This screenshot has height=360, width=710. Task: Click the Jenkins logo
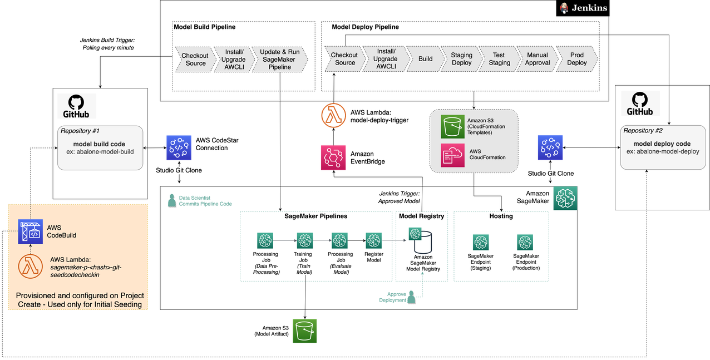pyautogui.click(x=583, y=8)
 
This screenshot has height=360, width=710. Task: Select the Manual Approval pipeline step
pyautogui.click(x=538, y=59)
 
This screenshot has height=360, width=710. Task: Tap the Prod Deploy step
pyautogui.click(x=577, y=59)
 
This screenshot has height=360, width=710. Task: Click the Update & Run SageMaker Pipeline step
pyautogui.click(x=279, y=60)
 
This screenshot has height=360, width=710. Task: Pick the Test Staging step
pyautogui.click(x=499, y=59)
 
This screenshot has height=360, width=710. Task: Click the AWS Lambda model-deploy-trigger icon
pyautogui.click(x=333, y=115)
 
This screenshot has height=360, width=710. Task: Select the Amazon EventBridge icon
pyautogui.click(x=333, y=157)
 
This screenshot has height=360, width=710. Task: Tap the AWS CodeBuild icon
pyautogui.click(x=31, y=231)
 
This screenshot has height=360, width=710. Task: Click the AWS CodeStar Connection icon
pyautogui.click(x=179, y=147)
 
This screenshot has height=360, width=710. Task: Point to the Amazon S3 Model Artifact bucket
pyautogui.click(x=304, y=331)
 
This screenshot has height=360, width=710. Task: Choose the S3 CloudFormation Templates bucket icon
pyautogui.click(x=452, y=127)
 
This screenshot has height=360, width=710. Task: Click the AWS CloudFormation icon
pyautogui.click(x=452, y=155)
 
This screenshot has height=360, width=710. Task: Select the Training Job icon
pyautogui.click(x=305, y=240)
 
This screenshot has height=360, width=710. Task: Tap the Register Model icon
pyautogui.click(x=374, y=240)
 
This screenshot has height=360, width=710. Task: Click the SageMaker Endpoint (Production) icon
pyautogui.click(x=525, y=243)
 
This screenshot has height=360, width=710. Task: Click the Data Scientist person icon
pyautogui.click(x=172, y=201)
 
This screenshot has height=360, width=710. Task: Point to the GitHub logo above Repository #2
pyautogui.click(x=640, y=103)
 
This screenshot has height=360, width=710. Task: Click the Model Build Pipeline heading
pyautogui.click(x=204, y=27)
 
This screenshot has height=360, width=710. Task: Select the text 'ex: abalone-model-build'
pyautogui.click(x=100, y=152)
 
